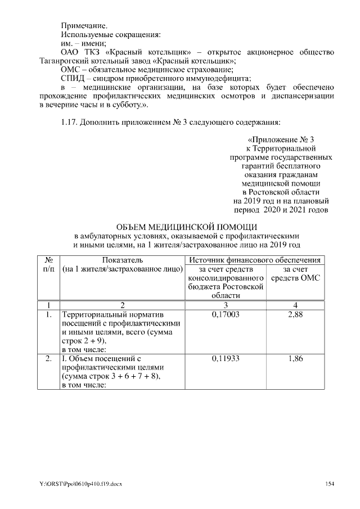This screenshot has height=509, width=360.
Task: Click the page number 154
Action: (329, 484)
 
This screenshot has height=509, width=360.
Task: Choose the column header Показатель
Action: (123, 260)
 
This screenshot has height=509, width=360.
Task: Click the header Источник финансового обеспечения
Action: (255, 260)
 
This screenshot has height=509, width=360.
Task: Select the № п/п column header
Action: (48, 264)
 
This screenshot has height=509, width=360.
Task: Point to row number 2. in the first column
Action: (48, 358)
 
